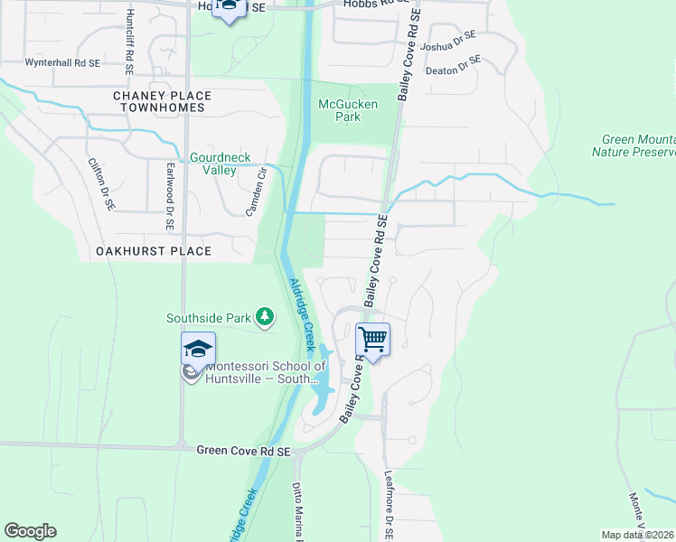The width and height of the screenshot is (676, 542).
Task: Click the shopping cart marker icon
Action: click(x=372, y=340)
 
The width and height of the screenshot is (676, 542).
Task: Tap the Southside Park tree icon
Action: click(x=265, y=317)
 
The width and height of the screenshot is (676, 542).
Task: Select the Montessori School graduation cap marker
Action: click(x=199, y=349)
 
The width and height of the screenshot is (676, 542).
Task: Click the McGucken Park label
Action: click(x=340, y=110)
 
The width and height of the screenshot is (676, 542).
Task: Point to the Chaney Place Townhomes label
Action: click(x=158, y=101)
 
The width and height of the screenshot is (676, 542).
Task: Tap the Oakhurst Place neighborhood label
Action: click(x=154, y=251)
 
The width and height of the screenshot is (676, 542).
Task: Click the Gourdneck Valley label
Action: click(x=212, y=164)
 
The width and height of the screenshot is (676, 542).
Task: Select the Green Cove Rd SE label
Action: click(x=244, y=451)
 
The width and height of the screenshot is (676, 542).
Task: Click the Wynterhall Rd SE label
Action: click(x=61, y=63)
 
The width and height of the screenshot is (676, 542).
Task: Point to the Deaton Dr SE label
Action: click(x=454, y=65)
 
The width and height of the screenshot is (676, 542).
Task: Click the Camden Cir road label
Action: click(x=258, y=193)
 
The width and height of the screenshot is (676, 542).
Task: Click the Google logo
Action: click(x=30, y=531)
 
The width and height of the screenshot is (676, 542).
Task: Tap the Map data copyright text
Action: click(x=638, y=535)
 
